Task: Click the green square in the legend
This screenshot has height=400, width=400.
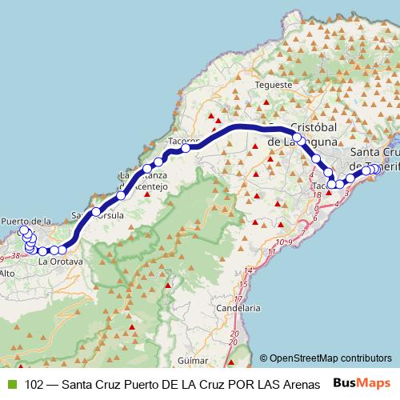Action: tap(11, 384)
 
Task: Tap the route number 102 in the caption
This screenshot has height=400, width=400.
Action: tap(34, 384)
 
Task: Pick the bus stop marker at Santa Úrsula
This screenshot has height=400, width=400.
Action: tap(96, 212)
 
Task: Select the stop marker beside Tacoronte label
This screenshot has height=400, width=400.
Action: tap(186, 148)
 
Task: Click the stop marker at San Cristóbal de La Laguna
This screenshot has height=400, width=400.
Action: tap(297, 138)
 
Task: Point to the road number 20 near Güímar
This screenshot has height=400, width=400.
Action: tap(234, 333)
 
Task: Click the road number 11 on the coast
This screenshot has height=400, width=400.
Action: tap(272, 252)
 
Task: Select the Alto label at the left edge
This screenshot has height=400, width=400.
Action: tap(7, 274)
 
